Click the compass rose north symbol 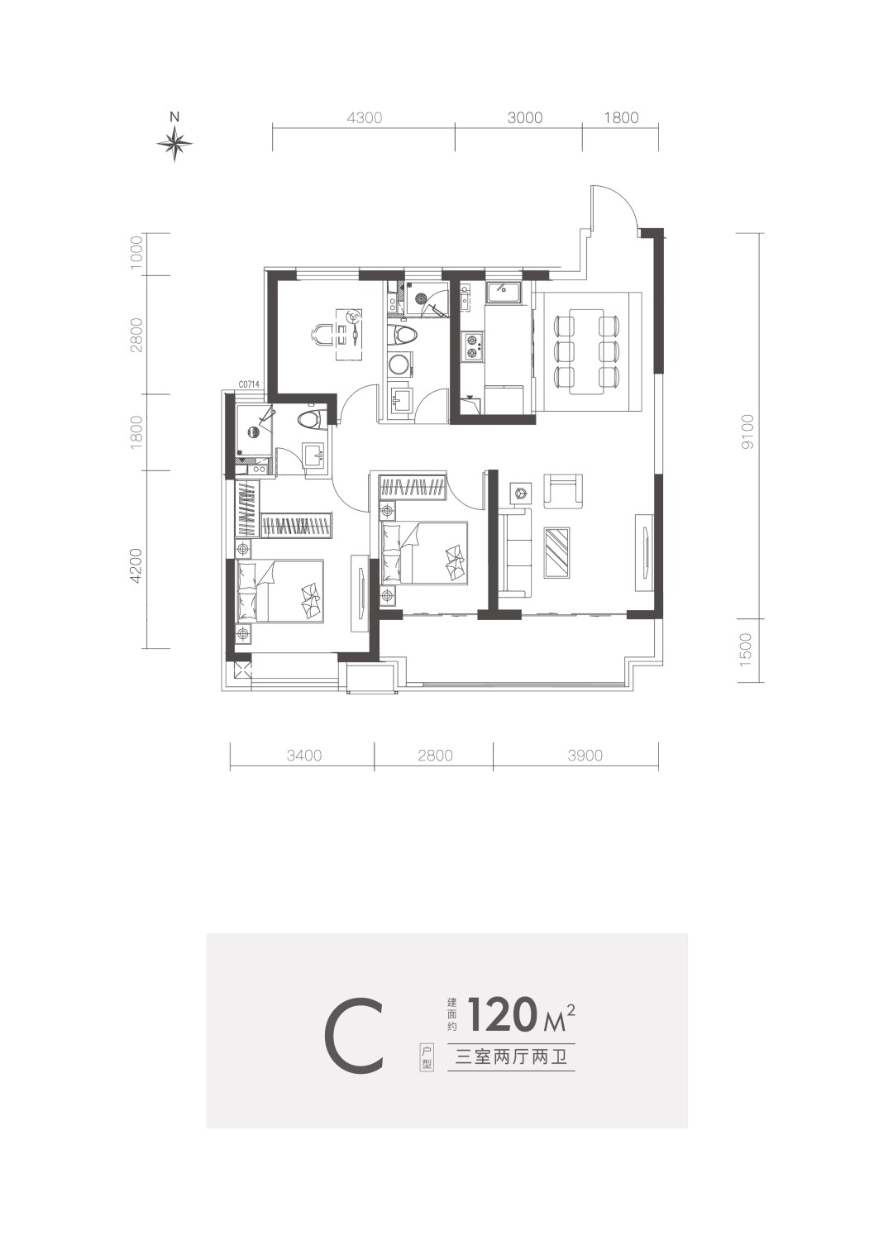174,143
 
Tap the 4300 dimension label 364,118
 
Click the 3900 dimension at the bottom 585,755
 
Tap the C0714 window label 249,383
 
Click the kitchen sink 504,292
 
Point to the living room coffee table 558,552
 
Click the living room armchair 563,490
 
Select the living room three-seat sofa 515,554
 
